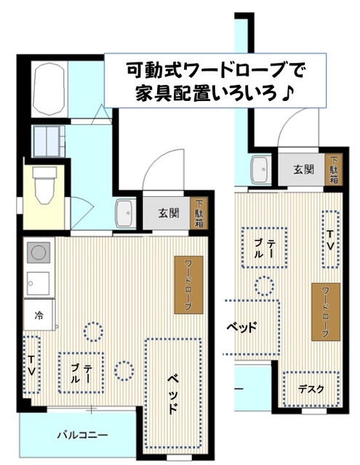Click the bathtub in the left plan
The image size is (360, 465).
click(49, 88)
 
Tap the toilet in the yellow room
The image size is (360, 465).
click(44, 185)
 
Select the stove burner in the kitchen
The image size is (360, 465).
click(39, 252)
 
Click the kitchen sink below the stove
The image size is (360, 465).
click(38, 283)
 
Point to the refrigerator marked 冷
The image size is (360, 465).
click(39, 315)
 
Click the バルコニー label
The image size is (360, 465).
click(82, 435)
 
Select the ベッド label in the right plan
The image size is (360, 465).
click(241, 328)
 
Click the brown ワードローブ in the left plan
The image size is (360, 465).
click(189, 285)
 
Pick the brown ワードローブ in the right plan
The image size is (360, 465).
click(326, 312)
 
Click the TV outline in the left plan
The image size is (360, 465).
click(31, 365)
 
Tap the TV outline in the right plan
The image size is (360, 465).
click(331, 240)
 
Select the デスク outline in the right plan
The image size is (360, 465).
click(311, 389)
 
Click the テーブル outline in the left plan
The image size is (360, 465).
click(81, 373)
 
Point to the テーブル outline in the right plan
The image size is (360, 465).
click(264, 248)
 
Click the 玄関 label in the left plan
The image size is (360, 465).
click(169, 213)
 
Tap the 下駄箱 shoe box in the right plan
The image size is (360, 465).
click(334, 169)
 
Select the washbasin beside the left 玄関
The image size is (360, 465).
click(126, 213)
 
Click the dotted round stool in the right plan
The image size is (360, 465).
click(264, 286)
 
